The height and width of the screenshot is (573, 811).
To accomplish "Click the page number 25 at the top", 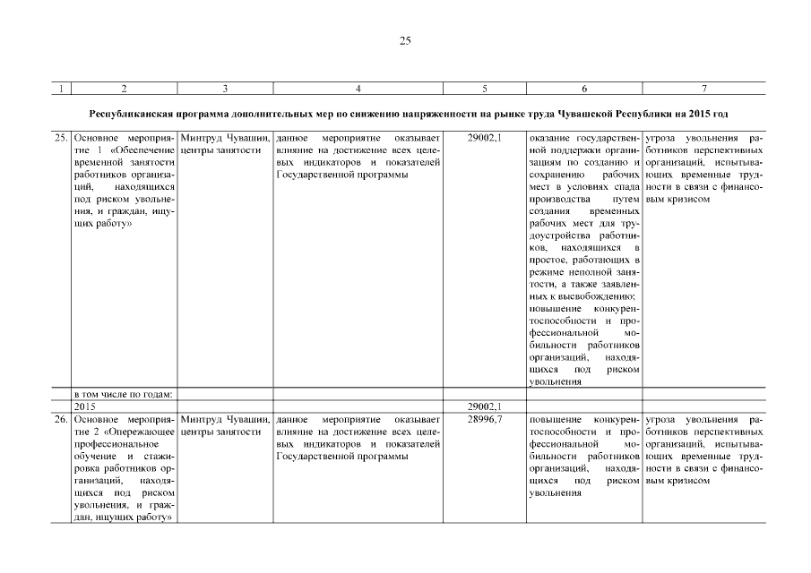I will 405,40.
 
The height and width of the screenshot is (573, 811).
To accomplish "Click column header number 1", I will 60,88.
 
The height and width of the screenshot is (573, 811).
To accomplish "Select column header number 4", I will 358,88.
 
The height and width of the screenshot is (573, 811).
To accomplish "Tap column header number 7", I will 704,88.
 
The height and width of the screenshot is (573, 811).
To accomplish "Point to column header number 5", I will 484,88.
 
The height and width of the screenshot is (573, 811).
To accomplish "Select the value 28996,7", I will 485,419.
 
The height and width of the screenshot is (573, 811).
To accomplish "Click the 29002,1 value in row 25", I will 485,139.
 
